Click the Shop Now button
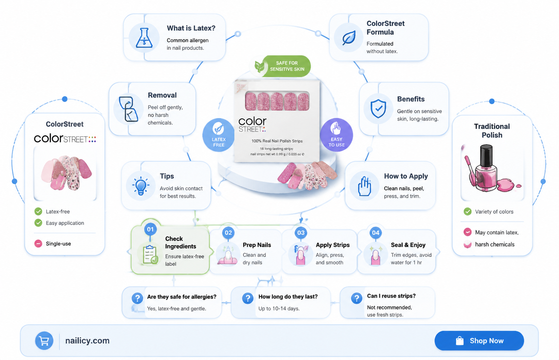[x=479, y=341]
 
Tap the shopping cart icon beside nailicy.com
[x=44, y=341]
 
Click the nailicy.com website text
[x=87, y=341]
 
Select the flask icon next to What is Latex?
[x=144, y=38]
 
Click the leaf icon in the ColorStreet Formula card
[x=349, y=38]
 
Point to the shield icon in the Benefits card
[x=378, y=108]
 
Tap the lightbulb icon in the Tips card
[x=141, y=186]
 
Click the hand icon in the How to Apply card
[x=364, y=186]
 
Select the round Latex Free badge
[x=219, y=135]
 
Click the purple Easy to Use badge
[x=337, y=135]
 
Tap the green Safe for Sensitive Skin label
[x=282, y=66]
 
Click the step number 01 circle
[x=150, y=229]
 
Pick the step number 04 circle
[x=376, y=233]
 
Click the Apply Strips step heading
[x=333, y=245]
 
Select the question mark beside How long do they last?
[x=248, y=298]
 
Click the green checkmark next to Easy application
[x=38, y=223]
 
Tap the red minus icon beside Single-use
[x=38, y=243]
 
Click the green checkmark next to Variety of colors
[x=467, y=212]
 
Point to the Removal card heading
[x=162, y=95]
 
